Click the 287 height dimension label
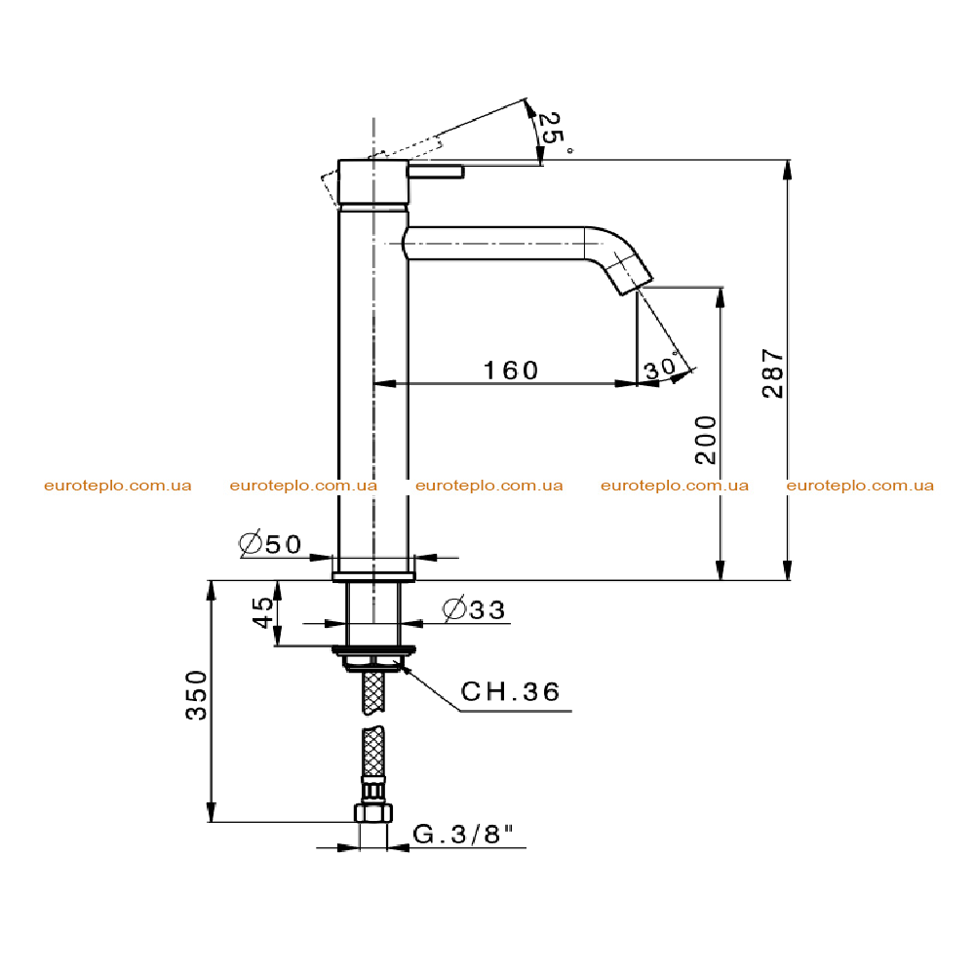coord(773,373)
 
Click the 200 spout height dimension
coord(706,440)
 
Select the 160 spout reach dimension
coord(511,370)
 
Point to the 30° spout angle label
coord(661,369)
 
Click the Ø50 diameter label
coord(270,543)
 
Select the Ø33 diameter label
coord(474,609)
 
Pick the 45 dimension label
coord(263,612)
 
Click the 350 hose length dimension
coord(197,695)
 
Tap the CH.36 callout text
coord(510,691)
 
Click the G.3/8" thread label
coord(464,834)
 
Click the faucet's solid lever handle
coord(436,171)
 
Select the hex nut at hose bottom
coord(373,813)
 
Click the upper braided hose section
coord(373,691)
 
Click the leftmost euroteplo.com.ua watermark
coord(118,486)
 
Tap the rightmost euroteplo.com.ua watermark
coord(860,486)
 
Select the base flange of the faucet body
coord(373,576)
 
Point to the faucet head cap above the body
coord(373,182)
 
